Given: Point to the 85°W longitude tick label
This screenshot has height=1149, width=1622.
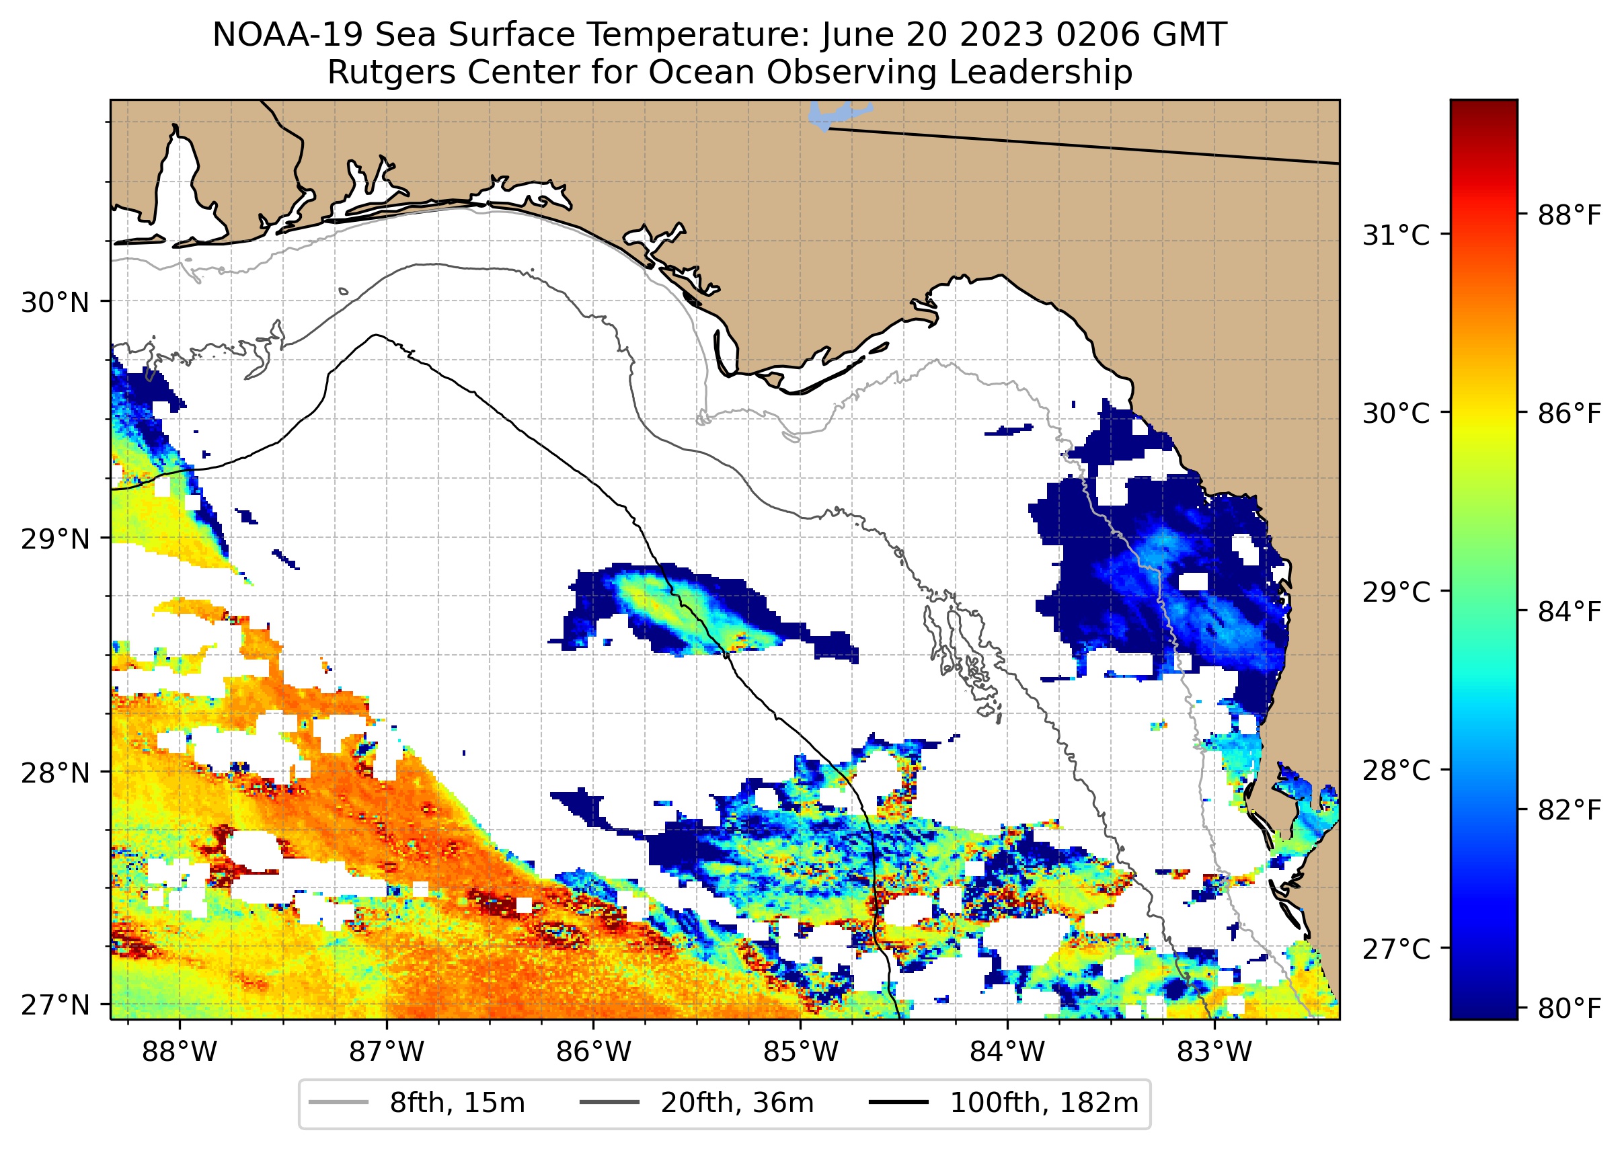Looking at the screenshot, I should click(800, 1052).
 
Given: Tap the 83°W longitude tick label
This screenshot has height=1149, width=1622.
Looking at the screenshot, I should click(1214, 1052).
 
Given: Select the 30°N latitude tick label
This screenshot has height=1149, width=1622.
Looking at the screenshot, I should click(55, 303).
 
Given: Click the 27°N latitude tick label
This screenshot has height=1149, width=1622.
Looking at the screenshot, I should click(55, 1004).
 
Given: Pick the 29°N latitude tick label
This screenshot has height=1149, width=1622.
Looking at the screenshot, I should click(55, 539).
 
